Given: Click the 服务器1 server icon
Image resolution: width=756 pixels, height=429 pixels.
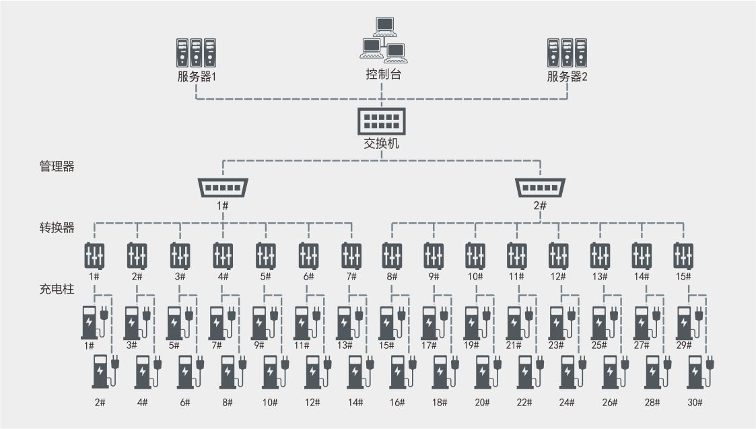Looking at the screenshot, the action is coord(196,53).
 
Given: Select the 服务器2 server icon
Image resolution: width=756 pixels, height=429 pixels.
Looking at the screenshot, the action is coord(567,53).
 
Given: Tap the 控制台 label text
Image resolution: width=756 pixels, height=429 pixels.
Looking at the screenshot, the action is coord(383,74).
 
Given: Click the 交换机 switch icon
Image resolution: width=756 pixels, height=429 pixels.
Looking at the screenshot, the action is coord(382,121).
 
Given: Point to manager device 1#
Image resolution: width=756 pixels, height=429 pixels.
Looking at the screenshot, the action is coord(223,187).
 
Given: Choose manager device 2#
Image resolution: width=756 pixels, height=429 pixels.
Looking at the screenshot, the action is coord(540,187).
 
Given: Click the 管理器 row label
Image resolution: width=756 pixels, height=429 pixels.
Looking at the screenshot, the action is coord(57,166).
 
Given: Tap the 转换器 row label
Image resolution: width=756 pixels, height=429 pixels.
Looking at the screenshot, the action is coord(57,227).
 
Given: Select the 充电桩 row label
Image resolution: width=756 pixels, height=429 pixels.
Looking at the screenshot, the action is coord(57,289).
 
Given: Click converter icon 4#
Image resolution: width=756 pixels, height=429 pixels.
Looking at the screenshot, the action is coord(223,255).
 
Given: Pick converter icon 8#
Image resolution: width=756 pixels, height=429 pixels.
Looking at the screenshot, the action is coord(392,255).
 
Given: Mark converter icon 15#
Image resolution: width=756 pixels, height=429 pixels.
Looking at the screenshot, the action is coord(683,255).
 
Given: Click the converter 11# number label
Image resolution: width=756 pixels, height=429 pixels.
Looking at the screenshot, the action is coord(516,277).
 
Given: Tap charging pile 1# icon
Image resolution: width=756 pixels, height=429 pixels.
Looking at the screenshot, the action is coord(94,323).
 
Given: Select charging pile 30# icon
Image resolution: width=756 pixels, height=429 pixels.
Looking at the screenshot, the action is coord(700,372).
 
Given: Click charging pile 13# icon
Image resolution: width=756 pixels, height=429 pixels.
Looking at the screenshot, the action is coord(349,323).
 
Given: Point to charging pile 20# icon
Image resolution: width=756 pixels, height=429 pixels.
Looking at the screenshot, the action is coord(487,372).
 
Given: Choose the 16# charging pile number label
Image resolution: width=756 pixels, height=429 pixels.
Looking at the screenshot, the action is coord(397,403).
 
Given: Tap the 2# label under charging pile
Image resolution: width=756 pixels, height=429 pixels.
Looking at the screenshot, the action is coord(100,403).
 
